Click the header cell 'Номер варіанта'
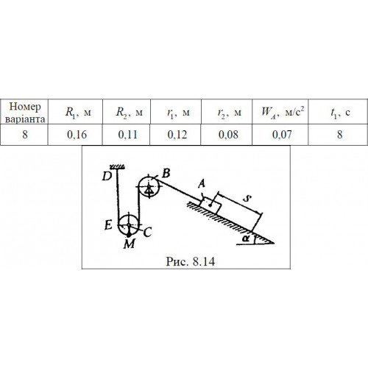click(x=25, y=113)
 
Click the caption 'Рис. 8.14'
click(x=191, y=261)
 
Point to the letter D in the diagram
click(x=107, y=176)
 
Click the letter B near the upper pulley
click(x=166, y=173)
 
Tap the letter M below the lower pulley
click(x=130, y=244)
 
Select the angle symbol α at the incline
click(x=246, y=238)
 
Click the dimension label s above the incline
click(x=247, y=198)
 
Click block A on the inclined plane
click(x=210, y=205)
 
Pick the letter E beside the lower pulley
click(x=108, y=225)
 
